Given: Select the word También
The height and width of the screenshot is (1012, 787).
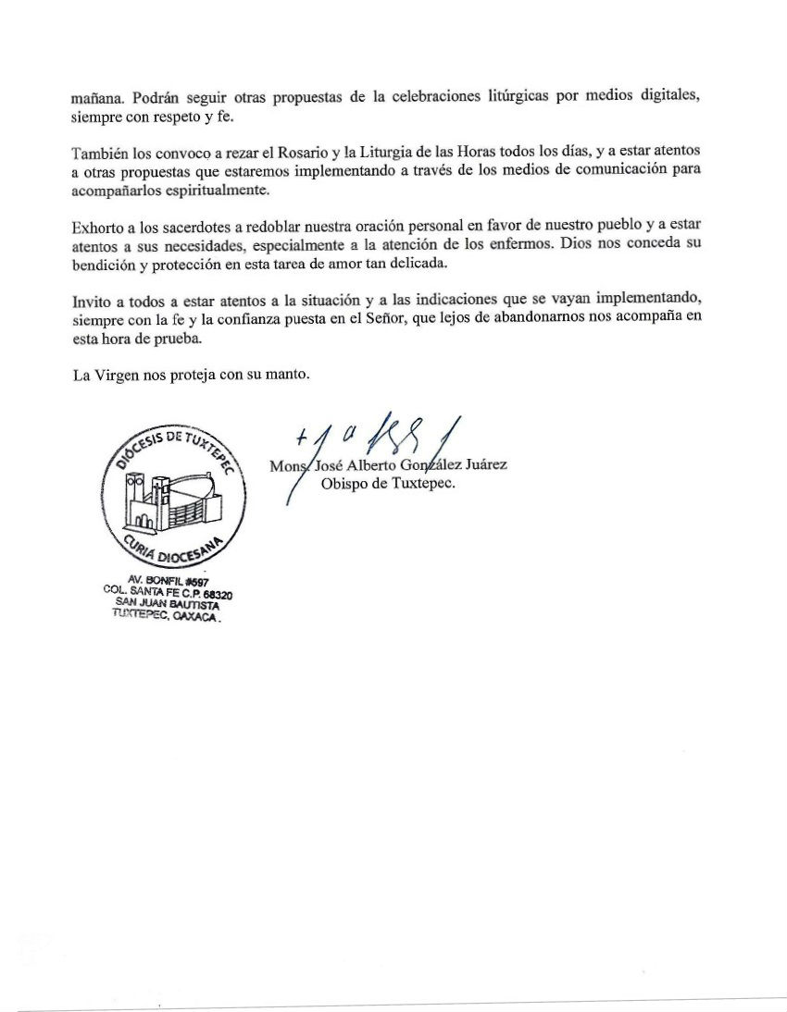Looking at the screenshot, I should coord(99,150).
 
